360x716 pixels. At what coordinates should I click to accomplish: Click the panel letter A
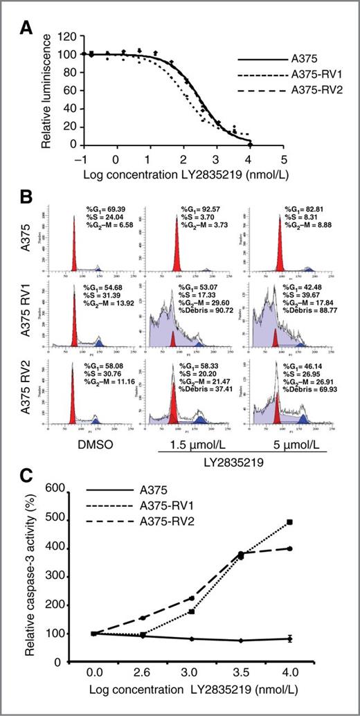click(x=28, y=29)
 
